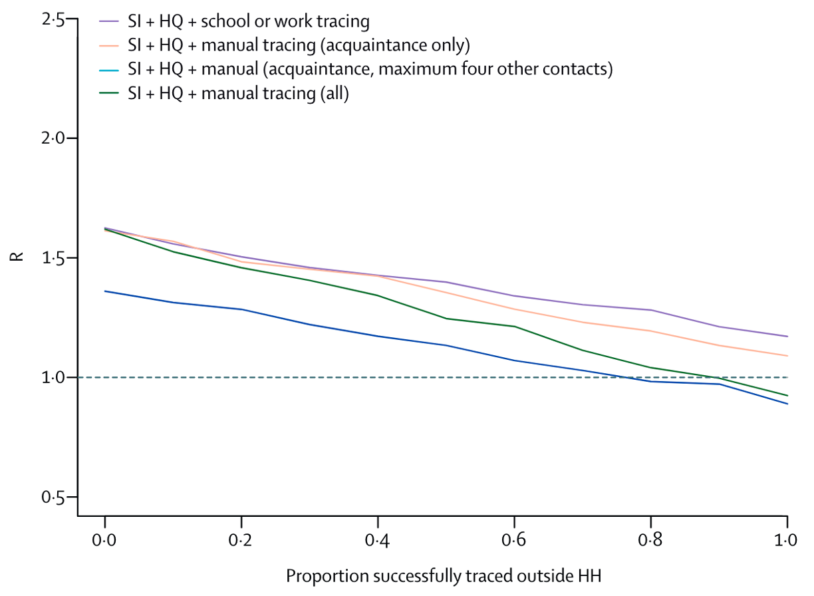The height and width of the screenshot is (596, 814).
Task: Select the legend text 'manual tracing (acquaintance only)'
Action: click(299, 45)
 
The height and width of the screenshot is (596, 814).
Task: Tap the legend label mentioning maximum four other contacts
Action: click(370, 69)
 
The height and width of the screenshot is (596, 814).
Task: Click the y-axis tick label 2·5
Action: click(53, 19)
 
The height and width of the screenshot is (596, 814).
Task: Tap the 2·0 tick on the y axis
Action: click(53, 138)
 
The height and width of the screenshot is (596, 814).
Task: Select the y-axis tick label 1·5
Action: click(53, 258)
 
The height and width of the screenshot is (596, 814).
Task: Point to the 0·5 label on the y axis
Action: click(53, 497)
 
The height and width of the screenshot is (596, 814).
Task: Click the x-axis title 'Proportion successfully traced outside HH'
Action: click(447, 575)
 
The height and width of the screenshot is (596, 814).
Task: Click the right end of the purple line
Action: click(787, 336)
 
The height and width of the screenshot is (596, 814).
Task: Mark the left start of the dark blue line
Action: click(106, 291)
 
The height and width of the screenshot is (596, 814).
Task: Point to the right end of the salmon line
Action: click(787, 356)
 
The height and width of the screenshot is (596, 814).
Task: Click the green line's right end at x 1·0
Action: click(787, 396)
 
